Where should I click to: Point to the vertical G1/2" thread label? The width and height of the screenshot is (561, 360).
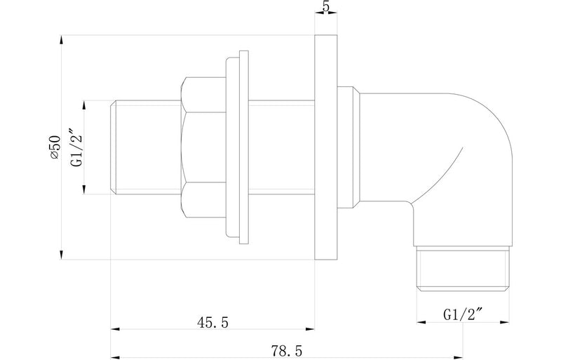coord(76,147)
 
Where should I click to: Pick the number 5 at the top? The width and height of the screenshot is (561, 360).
coord(325,8)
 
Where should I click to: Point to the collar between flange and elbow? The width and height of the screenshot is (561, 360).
coord(349,147)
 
